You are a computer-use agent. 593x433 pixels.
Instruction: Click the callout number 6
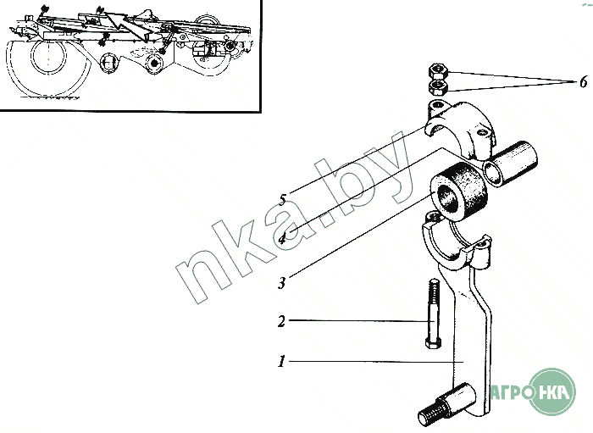point(583,81)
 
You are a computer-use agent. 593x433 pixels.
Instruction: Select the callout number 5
point(282,199)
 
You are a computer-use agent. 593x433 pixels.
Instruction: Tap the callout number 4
point(283,239)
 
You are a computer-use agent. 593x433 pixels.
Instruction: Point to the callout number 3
point(282,283)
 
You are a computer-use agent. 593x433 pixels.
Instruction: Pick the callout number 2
point(281,322)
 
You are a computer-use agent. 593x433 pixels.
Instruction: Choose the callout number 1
point(281,362)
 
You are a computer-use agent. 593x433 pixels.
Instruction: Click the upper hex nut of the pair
point(438,70)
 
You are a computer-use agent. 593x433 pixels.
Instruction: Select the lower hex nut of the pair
point(438,87)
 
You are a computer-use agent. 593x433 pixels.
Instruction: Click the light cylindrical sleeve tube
point(511,163)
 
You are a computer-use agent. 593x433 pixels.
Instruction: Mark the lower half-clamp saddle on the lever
point(456,242)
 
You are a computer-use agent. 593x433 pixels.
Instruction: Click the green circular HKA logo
point(551,391)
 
